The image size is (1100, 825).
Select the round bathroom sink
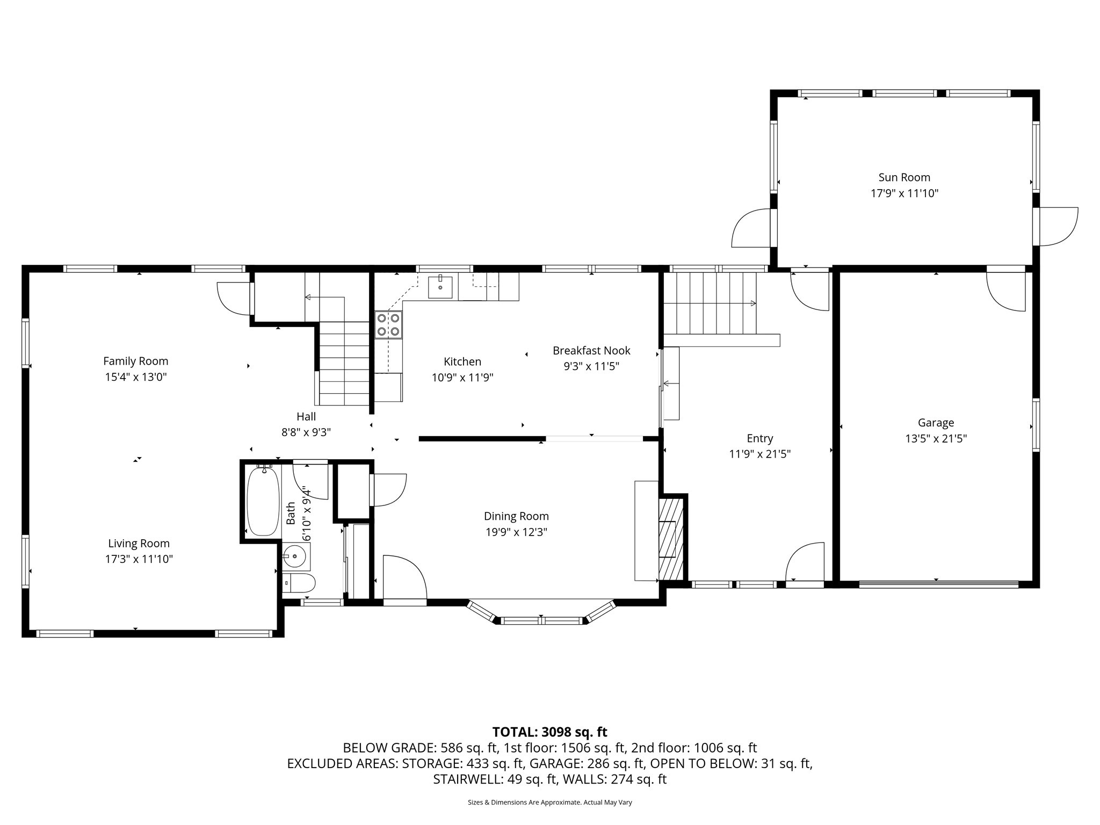295,556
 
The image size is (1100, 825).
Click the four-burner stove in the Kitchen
388,324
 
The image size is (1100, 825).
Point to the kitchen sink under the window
440,287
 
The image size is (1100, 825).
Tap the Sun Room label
904,177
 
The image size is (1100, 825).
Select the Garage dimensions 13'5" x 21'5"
936,438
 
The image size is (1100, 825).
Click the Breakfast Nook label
591,351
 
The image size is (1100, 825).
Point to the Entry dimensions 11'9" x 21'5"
759,454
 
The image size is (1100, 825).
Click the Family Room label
135,361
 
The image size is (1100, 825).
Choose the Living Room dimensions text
139,559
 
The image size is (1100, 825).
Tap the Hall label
306,416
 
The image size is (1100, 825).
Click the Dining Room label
516,516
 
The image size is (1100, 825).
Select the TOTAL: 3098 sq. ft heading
549,732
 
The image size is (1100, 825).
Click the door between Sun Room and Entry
810,290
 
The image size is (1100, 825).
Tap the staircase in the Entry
710,303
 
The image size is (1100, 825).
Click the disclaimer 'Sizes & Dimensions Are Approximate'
549,802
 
